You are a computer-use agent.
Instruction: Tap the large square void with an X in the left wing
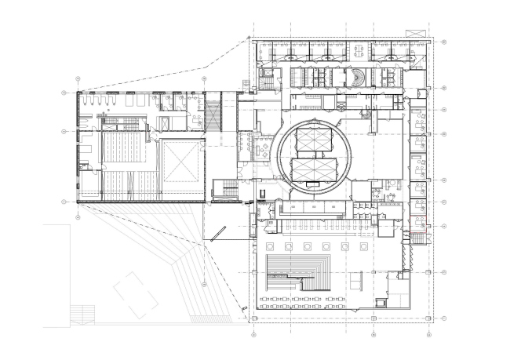(x=182, y=162)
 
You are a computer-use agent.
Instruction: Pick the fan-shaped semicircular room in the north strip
(x=357, y=78)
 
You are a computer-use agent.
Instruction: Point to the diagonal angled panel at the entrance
(x=217, y=234)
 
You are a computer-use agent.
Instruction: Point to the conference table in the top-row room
(x=359, y=52)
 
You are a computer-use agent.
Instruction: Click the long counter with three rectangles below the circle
(x=313, y=207)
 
